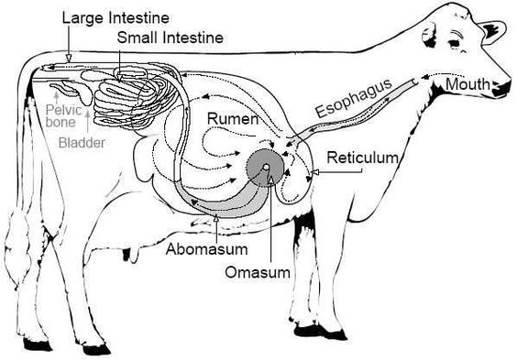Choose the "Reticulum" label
(x=364, y=158)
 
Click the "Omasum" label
(x=260, y=272)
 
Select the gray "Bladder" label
(x=81, y=143)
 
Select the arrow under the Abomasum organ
(x=214, y=221)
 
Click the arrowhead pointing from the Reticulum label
(x=313, y=171)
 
